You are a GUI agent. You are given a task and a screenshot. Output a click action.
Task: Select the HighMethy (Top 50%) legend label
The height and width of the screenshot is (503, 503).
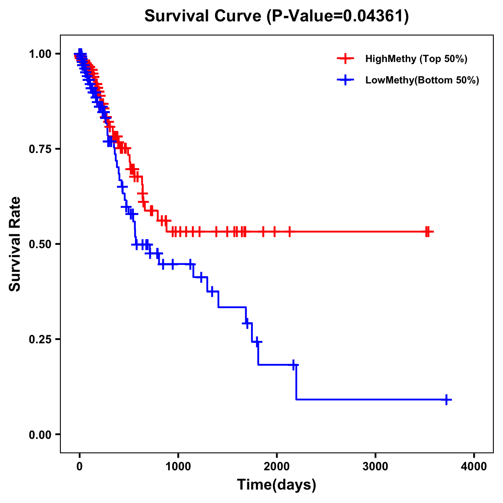click(416, 59)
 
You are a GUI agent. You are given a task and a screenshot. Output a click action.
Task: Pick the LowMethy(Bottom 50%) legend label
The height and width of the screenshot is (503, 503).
click(422, 80)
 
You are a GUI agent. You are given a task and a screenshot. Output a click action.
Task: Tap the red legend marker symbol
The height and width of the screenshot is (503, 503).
click(345, 59)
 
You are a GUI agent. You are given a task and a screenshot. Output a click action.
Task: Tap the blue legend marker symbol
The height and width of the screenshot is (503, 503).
click(345, 80)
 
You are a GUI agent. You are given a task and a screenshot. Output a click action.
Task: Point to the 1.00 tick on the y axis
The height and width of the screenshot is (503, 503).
click(40, 54)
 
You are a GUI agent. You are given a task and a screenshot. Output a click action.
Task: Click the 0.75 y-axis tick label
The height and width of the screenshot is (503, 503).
click(40, 149)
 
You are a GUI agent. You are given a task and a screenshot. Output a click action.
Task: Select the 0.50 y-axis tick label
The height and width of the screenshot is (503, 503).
click(40, 244)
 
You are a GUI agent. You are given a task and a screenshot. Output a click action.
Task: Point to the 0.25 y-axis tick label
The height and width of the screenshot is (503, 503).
click(40, 339)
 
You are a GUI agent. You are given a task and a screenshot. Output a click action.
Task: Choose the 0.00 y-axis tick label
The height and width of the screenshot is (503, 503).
click(40, 434)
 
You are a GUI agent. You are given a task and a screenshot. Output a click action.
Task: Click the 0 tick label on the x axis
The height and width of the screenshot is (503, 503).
click(80, 467)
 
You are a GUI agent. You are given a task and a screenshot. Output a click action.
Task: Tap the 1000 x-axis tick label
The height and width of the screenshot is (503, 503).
click(178, 467)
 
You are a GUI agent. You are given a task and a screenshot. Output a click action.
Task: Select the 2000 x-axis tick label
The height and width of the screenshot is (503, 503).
click(277, 467)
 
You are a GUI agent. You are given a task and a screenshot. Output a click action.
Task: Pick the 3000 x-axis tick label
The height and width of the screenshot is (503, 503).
click(375, 467)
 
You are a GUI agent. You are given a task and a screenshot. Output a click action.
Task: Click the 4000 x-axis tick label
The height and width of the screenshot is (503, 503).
click(474, 467)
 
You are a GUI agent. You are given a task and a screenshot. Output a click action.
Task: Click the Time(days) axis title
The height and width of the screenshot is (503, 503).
click(277, 485)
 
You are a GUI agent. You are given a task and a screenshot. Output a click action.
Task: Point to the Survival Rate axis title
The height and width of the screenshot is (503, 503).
click(15, 244)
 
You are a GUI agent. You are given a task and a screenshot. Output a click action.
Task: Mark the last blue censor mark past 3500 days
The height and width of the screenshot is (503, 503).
click(447, 399)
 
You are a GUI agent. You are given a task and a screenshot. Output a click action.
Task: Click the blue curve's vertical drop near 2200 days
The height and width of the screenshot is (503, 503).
click(296, 382)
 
